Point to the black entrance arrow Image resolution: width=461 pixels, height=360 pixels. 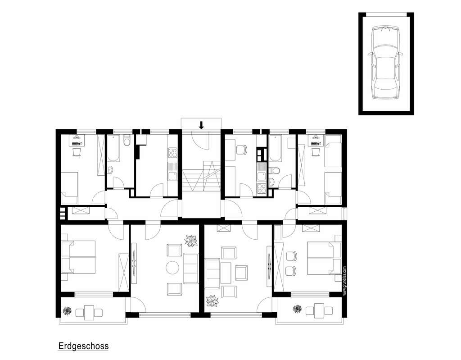tap(201, 125)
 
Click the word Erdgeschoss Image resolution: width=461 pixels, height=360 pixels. tap(83, 346)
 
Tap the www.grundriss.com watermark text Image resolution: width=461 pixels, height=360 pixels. tap(344, 279)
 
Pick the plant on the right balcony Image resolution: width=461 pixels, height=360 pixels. tap(297, 309)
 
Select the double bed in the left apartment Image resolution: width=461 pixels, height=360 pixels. tap(79, 257)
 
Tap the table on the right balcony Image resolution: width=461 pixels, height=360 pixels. tap(319, 310)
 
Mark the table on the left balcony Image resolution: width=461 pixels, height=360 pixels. tap(90, 312)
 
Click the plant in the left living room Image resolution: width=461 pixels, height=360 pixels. tap(191, 241)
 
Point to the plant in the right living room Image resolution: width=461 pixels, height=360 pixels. tap(212, 300)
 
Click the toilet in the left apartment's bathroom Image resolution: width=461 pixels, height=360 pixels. tap(127, 141)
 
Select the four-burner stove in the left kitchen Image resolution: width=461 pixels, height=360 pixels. tap(172, 153)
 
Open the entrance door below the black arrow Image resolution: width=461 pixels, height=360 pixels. tap(201, 140)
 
